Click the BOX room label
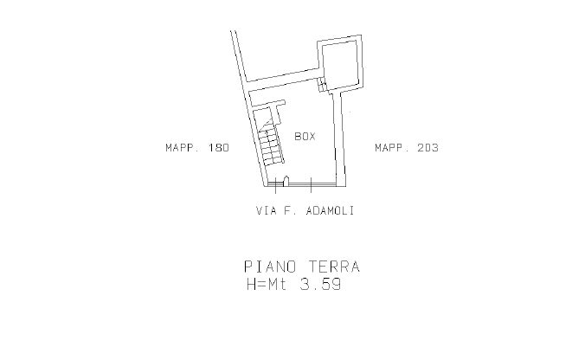click(305, 137)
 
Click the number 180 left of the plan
click(219, 148)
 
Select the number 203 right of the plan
click(428, 148)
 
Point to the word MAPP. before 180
click(183, 148)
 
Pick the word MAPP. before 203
click(392, 148)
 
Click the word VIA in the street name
click(267, 211)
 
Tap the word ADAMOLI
click(331, 211)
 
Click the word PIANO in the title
click(270, 267)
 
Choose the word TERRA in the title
click(335, 267)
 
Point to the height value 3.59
click(320, 284)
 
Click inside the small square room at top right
click(339, 63)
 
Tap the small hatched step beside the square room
click(322, 85)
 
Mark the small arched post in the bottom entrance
click(286, 181)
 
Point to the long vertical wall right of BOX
click(340, 138)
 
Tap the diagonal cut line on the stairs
click(266, 125)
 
